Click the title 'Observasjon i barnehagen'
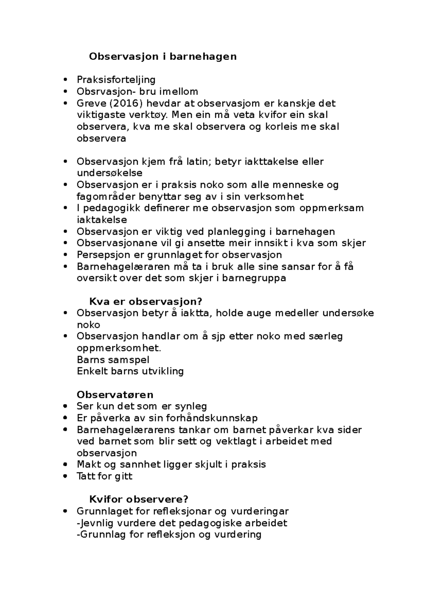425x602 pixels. tap(163, 56)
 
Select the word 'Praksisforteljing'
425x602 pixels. tap(116, 80)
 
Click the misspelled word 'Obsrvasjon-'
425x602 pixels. tap(103, 91)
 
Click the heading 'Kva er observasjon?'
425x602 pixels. tap(145, 302)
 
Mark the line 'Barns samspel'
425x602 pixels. tap(113, 360)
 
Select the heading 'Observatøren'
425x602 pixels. tap(115, 395)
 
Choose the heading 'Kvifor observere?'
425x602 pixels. tap(138, 499)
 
